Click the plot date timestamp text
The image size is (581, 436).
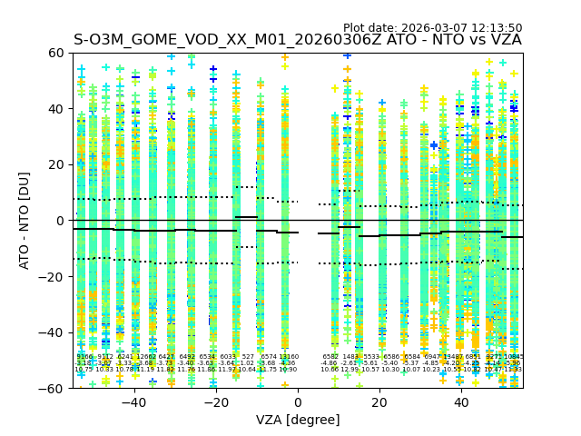tap(433, 28)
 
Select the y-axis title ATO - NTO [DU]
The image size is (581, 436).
tap(25, 221)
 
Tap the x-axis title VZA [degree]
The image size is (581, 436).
tap(298, 420)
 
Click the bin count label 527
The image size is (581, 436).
tap(248, 357)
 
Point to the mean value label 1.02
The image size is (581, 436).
tap(247, 363)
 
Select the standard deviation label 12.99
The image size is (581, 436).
tap(350, 370)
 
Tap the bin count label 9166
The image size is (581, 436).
tap(84, 357)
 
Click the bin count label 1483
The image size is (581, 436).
tap(350, 357)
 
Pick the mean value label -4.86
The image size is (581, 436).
tap(329, 363)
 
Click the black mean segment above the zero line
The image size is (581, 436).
tap(246, 217)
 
